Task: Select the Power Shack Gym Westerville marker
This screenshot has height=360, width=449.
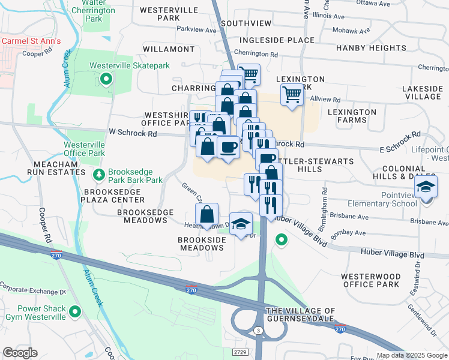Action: (75, 311)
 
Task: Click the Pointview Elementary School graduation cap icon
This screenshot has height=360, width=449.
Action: (426, 187)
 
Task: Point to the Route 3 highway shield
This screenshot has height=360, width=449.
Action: (258, 331)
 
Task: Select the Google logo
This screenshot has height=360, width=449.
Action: (20, 353)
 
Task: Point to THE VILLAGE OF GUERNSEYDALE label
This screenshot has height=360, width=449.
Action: (300, 315)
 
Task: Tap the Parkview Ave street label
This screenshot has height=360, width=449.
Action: (196, 29)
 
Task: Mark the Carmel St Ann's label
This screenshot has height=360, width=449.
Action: (31, 41)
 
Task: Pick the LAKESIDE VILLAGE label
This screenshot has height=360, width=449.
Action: (423, 92)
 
